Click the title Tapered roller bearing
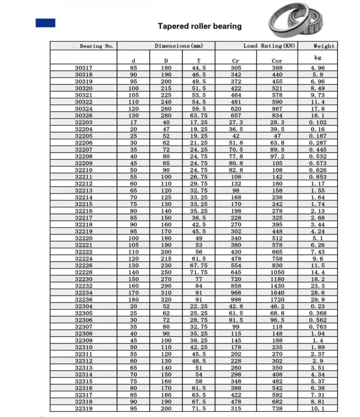200,26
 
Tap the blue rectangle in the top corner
45,23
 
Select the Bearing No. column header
97,46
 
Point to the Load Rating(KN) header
269,46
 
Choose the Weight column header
324,46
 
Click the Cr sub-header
235,61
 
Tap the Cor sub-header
277,61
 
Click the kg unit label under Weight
318,57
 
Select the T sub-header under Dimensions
198,61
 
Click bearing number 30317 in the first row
84,68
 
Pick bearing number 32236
84,299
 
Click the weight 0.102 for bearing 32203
318,122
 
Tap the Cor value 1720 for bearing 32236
277,299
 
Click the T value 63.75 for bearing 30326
198,116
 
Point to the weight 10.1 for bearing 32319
318,408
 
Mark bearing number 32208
84,156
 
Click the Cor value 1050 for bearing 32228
277,272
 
